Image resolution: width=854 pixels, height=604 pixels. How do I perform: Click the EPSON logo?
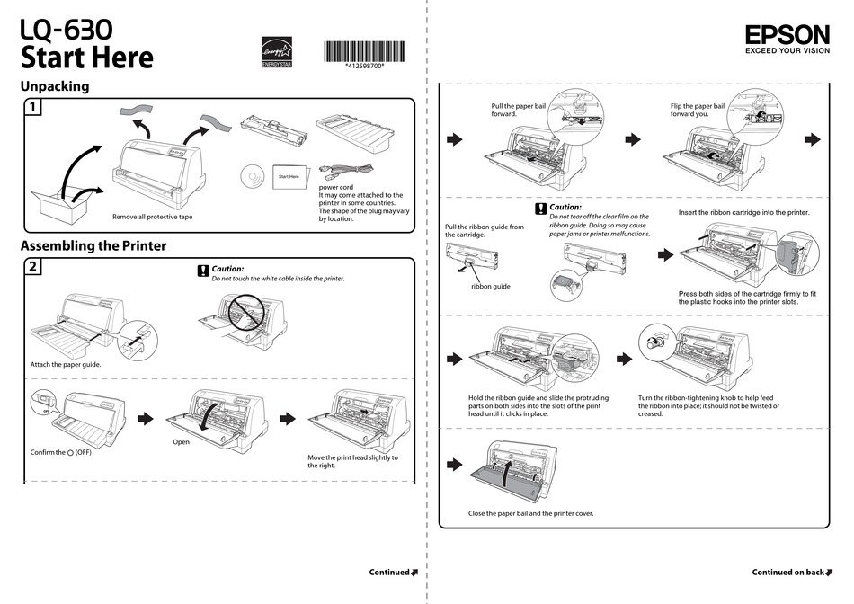coord(787,34)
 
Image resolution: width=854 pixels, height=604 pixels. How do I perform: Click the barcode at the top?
coord(364,51)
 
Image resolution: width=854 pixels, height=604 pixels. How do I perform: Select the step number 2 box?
coord(31,267)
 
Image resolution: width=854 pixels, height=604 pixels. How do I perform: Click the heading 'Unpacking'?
coord(55,86)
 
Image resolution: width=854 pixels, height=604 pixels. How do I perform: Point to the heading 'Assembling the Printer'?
coord(93,245)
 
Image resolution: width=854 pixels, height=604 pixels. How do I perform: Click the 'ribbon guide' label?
coord(490,286)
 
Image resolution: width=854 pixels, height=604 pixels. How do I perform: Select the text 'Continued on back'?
coord(788,572)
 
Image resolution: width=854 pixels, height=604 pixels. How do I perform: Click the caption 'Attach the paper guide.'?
coord(66,364)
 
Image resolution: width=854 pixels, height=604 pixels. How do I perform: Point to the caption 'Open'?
coord(182,442)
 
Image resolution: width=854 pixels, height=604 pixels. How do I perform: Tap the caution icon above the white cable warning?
coord(202,270)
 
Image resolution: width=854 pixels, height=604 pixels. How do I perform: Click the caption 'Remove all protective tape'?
coord(152,217)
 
